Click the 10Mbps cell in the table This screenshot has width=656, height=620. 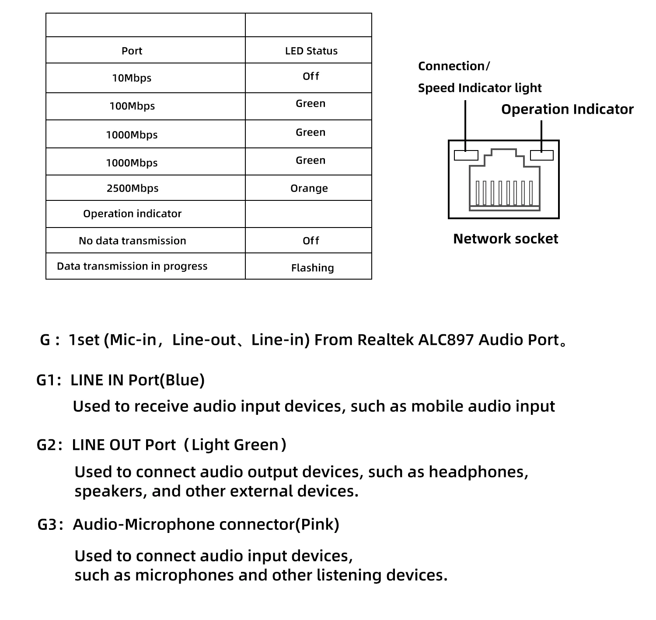[x=132, y=78]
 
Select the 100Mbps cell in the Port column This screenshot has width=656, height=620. [x=132, y=106]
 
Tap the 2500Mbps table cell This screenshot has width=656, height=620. [x=133, y=189]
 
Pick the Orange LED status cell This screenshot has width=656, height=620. [x=309, y=189]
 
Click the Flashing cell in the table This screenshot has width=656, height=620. [x=312, y=268]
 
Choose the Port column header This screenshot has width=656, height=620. [x=132, y=51]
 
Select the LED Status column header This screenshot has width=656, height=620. [x=311, y=51]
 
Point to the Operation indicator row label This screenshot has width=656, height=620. [x=132, y=214]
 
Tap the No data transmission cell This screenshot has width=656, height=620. [x=132, y=241]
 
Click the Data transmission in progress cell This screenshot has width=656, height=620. [x=132, y=266]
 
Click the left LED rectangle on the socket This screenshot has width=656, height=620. [x=466, y=155]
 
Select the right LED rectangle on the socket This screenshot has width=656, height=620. [x=541, y=155]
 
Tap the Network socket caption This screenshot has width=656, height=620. [x=505, y=239]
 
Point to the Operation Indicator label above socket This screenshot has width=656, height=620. [x=567, y=109]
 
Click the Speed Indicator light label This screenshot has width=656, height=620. [x=479, y=88]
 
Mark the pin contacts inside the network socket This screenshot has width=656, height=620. [x=504, y=193]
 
